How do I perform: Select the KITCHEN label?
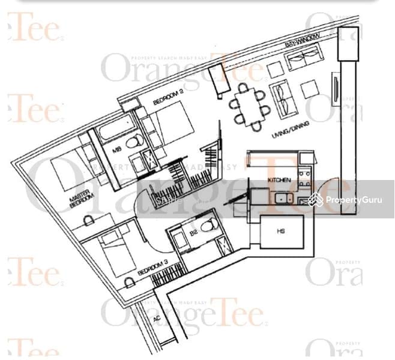(279, 180)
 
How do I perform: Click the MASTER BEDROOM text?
(67, 200)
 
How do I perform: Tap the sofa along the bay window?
(303, 59)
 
